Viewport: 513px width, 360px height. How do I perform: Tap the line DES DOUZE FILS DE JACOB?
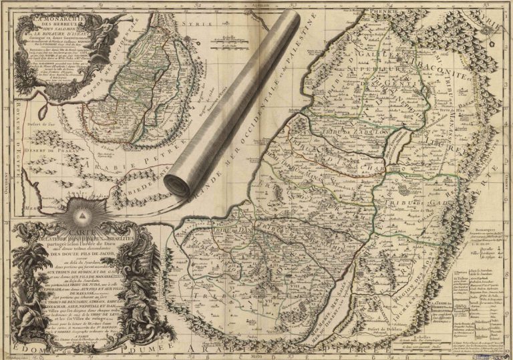tap(90, 254)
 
